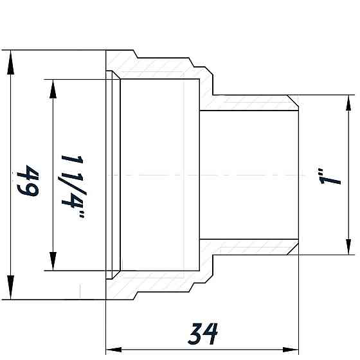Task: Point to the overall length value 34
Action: pos(204,333)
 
